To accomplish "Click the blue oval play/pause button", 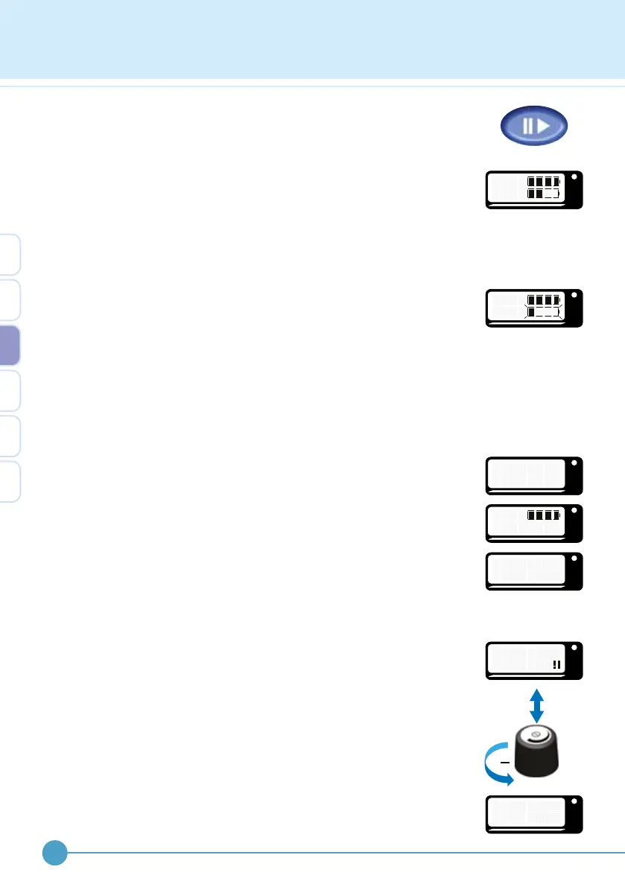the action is [533, 125].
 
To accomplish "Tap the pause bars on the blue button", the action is [527, 125].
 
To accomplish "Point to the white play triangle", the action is [542, 125].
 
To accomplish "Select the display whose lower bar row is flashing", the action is [533, 308].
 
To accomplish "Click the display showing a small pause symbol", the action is [533, 660].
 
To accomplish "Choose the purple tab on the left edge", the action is [10, 346].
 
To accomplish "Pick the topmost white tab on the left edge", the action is [10, 255].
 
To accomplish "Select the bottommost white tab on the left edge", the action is [10, 481].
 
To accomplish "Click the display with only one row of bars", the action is [533, 523].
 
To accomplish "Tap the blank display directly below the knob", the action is [533, 814].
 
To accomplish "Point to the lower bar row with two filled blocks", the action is [543, 194].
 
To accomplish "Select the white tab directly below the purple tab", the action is [10, 391].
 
